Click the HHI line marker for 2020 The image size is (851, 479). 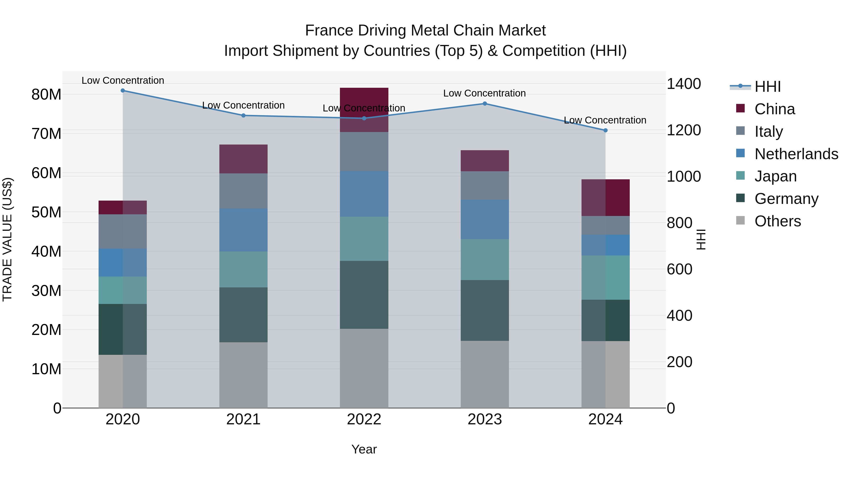122,90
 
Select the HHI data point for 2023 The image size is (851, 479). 485,103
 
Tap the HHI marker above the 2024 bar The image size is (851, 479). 605,130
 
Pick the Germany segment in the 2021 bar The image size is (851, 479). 243,314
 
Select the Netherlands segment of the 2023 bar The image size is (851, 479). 485,219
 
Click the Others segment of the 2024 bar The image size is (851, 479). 605,374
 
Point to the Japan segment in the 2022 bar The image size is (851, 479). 364,239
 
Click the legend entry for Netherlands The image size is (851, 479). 796,154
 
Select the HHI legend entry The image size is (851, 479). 767,87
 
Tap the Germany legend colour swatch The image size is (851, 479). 740,198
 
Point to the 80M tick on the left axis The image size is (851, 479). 46,95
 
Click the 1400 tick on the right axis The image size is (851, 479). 683,84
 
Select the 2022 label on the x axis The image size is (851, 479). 364,419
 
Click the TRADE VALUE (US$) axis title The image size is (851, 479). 7,239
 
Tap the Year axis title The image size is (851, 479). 364,449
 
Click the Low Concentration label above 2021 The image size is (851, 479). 243,105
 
